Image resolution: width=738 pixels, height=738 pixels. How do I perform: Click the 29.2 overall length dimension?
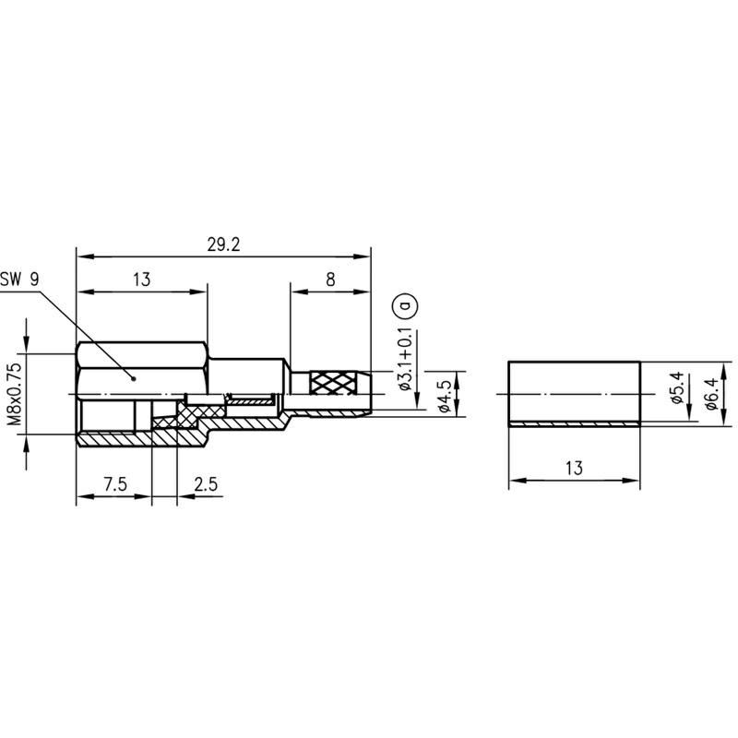tap(223, 244)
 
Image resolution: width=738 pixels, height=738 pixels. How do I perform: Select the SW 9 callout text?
tap(19, 280)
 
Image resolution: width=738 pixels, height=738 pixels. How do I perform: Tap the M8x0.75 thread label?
tap(16, 395)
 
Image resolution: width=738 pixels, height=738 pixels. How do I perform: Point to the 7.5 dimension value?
tap(115, 483)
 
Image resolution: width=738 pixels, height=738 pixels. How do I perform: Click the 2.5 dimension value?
tap(206, 483)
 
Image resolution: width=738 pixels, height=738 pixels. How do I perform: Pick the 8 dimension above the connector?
tap(330, 280)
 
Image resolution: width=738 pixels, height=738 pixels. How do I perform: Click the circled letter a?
tap(405, 306)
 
